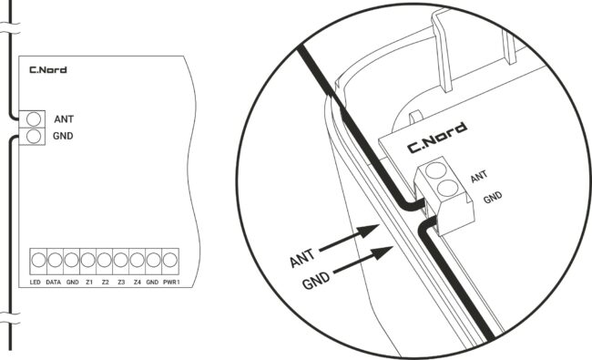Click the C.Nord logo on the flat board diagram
48,70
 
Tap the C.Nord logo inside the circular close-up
437,138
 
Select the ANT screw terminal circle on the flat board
34,119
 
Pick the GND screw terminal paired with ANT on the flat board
34,136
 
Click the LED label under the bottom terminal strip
36,283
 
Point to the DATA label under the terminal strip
53,283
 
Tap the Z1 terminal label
89,283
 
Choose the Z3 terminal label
121,283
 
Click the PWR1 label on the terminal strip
171,283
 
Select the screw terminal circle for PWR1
170,261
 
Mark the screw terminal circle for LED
38,261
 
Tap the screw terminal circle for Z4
137,261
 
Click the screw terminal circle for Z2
104,261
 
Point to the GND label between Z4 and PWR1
152,283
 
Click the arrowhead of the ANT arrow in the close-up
369,230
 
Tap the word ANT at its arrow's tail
302,258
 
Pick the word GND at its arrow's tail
316,280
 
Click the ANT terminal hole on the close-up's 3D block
435,170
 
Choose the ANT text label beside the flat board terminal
64,119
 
